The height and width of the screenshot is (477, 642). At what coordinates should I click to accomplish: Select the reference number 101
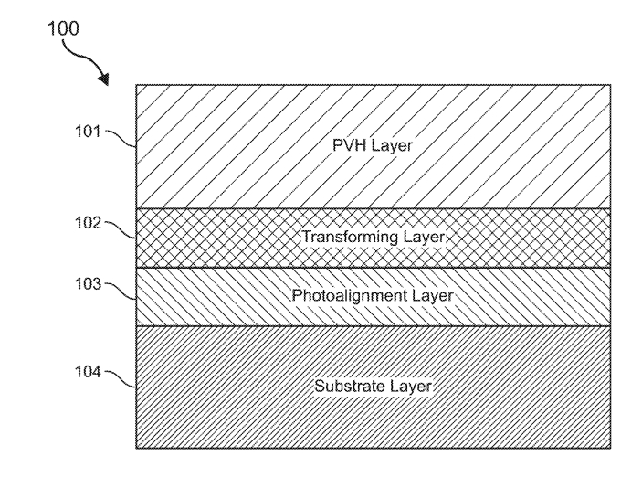click(88, 130)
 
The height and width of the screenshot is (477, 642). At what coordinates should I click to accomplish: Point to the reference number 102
click(88, 221)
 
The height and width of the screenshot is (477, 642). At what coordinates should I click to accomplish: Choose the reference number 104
click(88, 372)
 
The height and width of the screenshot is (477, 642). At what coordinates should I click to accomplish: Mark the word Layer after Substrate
click(411, 386)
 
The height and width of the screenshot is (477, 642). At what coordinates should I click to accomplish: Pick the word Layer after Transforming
click(423, 238)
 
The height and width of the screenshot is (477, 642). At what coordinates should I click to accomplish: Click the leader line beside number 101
click(121, 137)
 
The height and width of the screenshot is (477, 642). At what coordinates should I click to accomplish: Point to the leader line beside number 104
click(121, 378)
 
